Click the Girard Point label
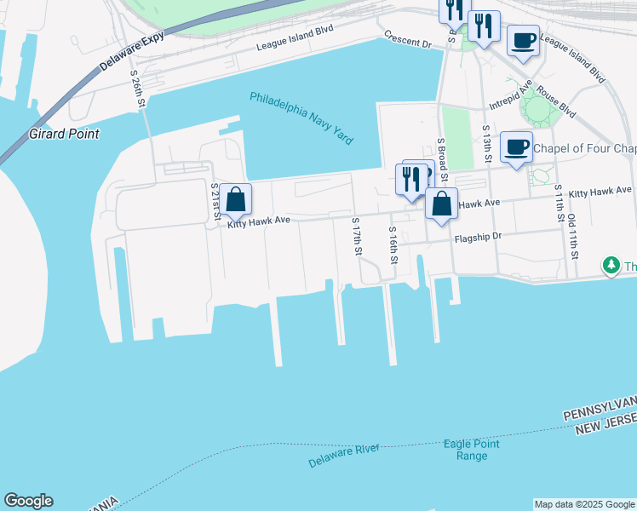click(64, 134)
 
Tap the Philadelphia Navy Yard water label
click(301, 118)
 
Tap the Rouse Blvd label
click(556, 106)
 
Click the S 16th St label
click(393, 247)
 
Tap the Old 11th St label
click(575, 236)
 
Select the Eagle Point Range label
click(472, 450)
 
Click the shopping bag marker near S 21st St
click(236, 200)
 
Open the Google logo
click(28, 501)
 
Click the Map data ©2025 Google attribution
click(584, 504)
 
